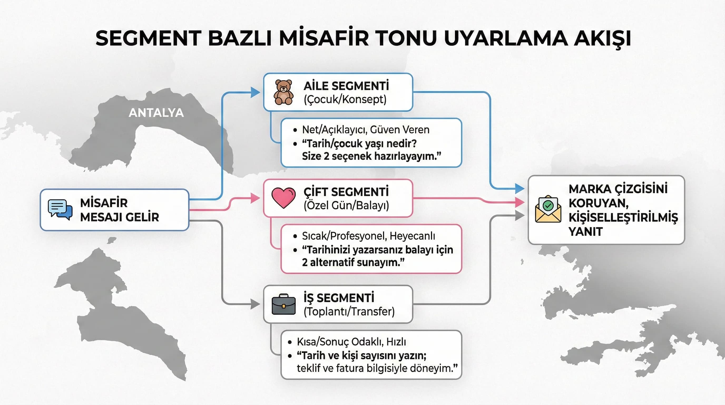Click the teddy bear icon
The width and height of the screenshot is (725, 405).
(x=283, y=92)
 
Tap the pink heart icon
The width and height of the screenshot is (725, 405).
(x=283, y=198)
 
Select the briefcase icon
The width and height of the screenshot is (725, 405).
(x=283, y=305)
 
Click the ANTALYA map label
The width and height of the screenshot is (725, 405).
(x=156, y=113)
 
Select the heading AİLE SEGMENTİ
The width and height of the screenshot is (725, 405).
(x=346, y=86)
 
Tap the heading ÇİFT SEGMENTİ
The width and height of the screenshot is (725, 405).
(x=346, y=192)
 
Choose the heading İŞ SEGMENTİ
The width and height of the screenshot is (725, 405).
(x=339, y=298)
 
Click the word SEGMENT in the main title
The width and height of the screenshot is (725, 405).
(x=148, y=38)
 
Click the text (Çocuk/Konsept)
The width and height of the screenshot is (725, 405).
(x=345, y=99)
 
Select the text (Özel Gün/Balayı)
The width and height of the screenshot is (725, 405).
(x=346, y=205)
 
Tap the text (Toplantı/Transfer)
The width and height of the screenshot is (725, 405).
(x=349, y=311)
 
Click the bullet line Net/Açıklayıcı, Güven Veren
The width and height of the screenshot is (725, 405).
(x=366, y=129)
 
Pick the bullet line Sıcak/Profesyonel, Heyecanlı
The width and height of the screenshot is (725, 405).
(x=368, y=236)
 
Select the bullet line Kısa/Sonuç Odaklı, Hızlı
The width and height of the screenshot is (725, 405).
(x=351, y=342)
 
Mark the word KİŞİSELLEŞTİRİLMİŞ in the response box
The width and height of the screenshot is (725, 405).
(x=623, y=218)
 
